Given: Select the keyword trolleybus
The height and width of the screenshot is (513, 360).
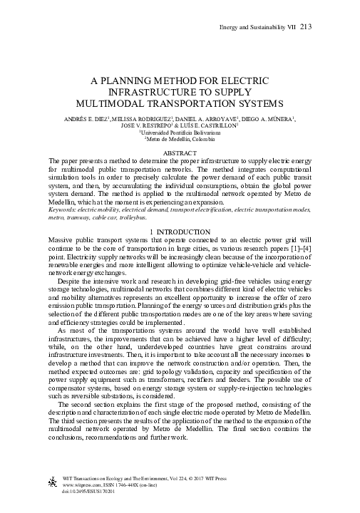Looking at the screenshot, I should click(162, 216).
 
